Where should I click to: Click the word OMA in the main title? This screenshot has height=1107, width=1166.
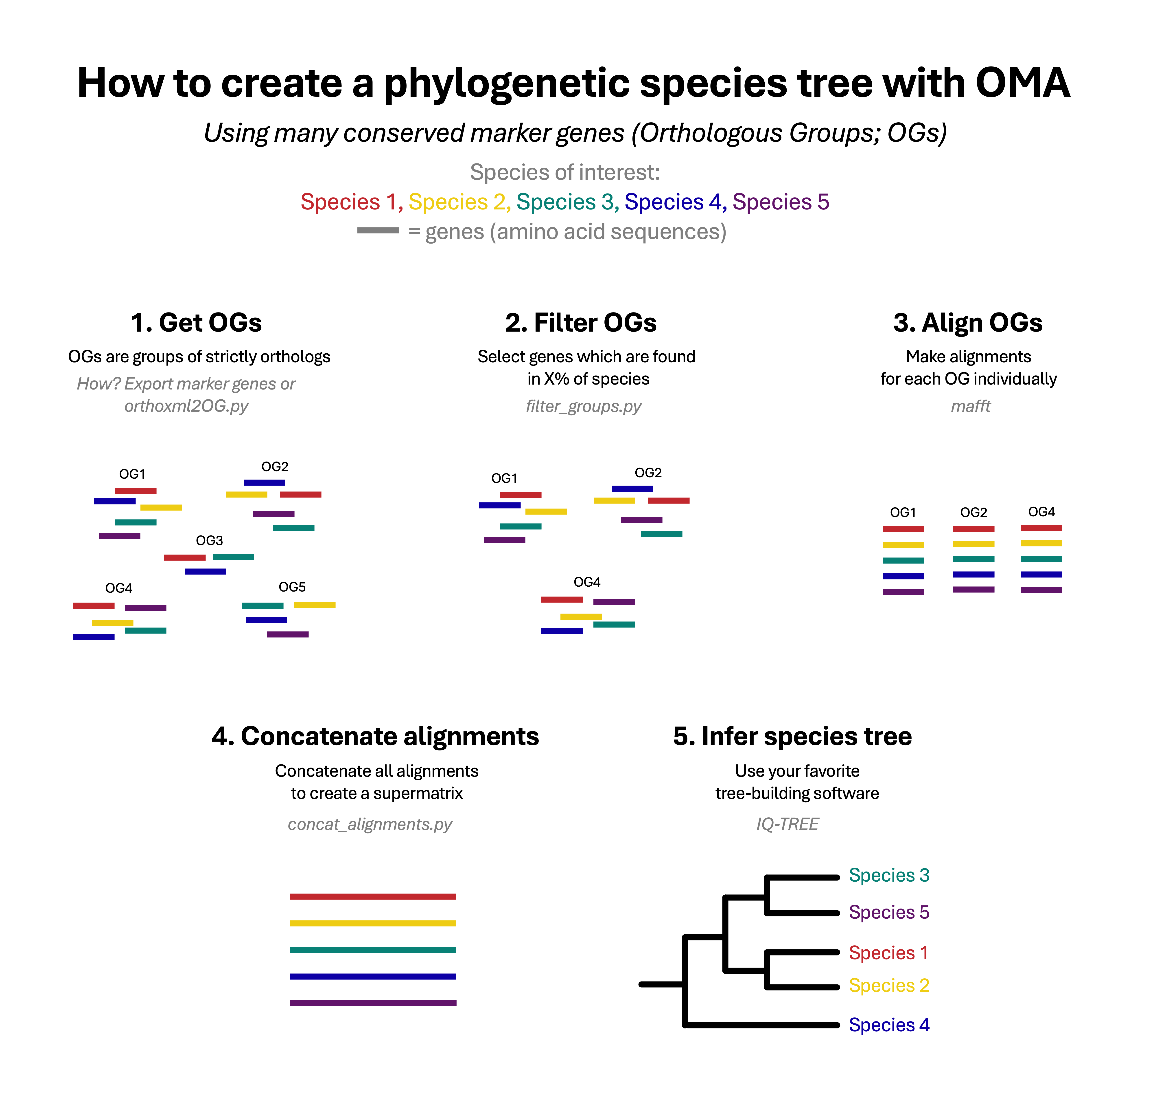pyautogui.click(x=1022, y=83)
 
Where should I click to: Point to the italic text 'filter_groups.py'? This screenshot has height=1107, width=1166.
pyautogui.click(x=583, y=406)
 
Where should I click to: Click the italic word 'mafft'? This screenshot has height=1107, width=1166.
pyautogui.click(x=970, y=406)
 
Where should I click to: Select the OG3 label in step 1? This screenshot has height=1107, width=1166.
pyautogui.click(x=209, y=541)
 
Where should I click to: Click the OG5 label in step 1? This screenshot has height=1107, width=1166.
pyautogui.click(x=292, y=587)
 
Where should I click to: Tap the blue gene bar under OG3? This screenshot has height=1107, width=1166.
pyautogui.click(x=205, y=571)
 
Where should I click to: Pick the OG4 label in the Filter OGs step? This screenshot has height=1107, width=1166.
pyautogui.click(x=587, y=582)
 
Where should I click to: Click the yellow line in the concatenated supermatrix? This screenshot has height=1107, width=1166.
pyautogui.click(x=373, y=923)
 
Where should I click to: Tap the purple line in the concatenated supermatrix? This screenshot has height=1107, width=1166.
pyautogui.click(x=373, y=1003)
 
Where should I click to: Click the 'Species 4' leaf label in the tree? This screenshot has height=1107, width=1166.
pyautogui.click(x=889, y=1025)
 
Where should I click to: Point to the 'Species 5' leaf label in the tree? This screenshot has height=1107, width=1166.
pyautogui.click(x=889, y=912)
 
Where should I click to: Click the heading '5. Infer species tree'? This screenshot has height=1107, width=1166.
pyautogui.click(x=792, y=736)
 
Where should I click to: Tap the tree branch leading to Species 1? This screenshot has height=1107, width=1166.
pyautogui.click(x=802, y=952)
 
